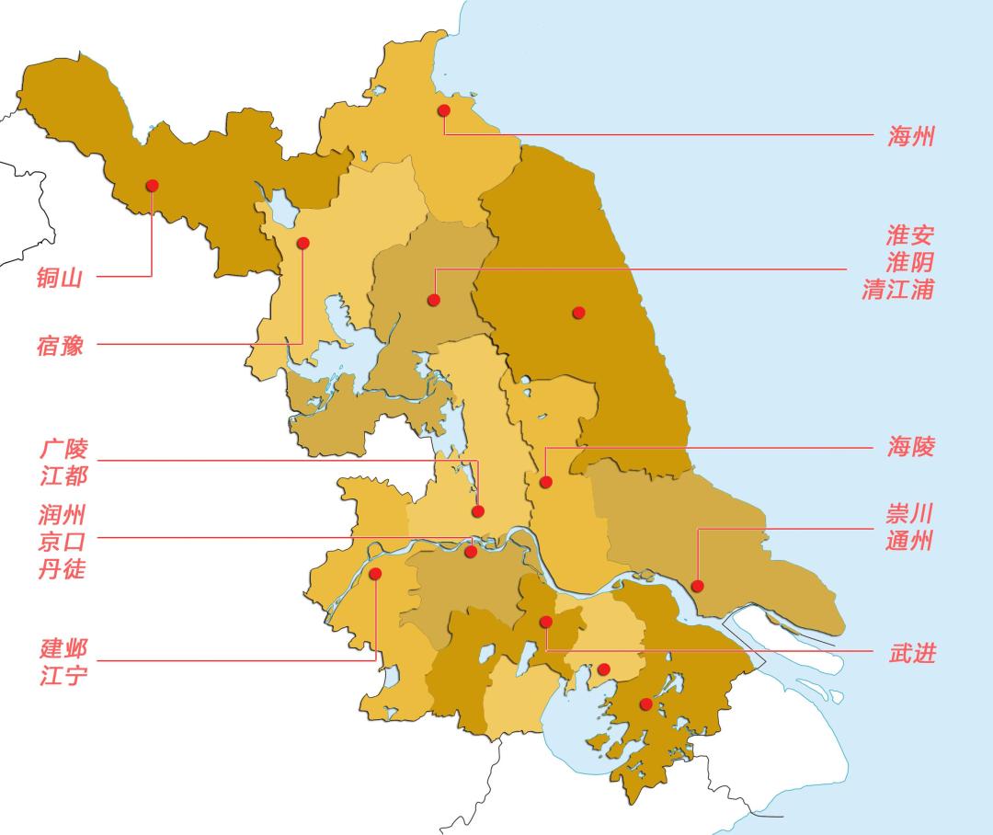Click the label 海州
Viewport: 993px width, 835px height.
[911, 137]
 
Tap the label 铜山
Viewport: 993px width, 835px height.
[60, 277]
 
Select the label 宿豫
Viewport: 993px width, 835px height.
[60, 346]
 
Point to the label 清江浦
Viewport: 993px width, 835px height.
[897, 289]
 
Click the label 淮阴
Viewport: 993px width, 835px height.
[910, 261]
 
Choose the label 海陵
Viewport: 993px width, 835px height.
[911, 447]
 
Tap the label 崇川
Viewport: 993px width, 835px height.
[910, 513]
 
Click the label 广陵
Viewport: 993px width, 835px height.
[63, 449]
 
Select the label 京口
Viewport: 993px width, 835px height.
[62, 541]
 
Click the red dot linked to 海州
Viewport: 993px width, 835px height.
[444, 110]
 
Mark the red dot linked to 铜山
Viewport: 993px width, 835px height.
[152, 185]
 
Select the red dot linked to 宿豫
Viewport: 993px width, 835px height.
[302, 243]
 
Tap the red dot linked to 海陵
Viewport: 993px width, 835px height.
[545, 482]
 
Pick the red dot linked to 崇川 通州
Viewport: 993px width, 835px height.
[698, 586]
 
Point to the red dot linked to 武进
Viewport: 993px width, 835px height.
[545, 622]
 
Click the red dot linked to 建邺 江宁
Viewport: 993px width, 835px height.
[375, 574]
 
